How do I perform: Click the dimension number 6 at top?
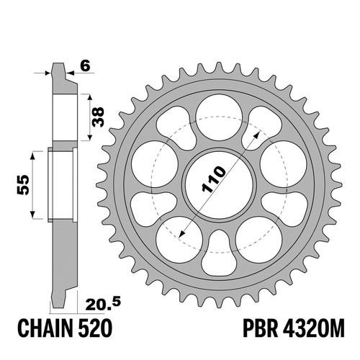pyautogui.click(x=86, y=66)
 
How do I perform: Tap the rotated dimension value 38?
pyautogui.click(x=99, y=117)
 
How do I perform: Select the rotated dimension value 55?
pyautogui.click(x=23, y=185)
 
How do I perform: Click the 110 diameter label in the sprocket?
pyautogui.click(x=214, y=179)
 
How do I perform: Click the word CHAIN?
pyautogui.click(x=45, y=328)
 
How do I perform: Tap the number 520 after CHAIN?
pyautogui.click(x=95, y=328)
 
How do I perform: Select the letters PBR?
pyautogui.click(x=261, y=328)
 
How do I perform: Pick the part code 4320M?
pyautogui.click(x=314, y=328)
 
